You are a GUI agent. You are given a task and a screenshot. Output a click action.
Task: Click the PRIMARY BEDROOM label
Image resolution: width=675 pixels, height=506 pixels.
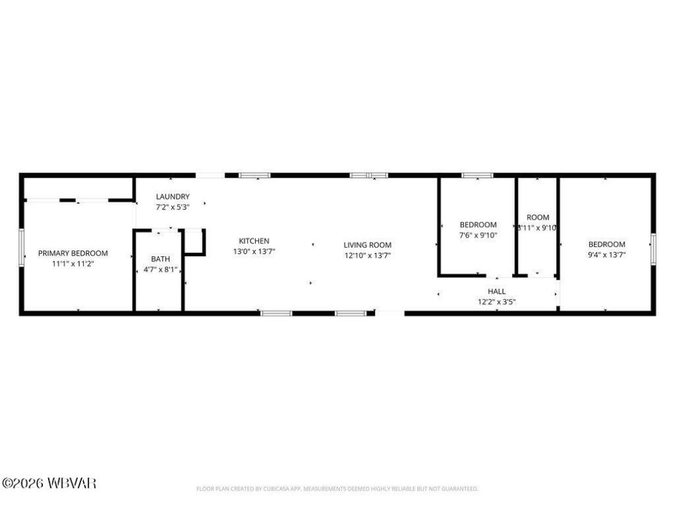[73, 253]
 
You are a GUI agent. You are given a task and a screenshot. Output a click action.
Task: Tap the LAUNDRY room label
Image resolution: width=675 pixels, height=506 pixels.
[173, 197]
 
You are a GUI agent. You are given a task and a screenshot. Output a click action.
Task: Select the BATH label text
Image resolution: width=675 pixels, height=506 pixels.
[160, 258]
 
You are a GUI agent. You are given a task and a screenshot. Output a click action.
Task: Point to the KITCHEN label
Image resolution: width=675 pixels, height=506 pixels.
[254, 241]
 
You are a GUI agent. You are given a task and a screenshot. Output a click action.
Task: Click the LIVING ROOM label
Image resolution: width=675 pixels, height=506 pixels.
[367, 245]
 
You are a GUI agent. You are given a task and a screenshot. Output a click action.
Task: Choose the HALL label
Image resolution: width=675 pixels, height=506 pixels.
[497, 291]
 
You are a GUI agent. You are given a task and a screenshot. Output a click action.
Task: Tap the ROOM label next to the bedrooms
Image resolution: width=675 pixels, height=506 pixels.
[537, 217]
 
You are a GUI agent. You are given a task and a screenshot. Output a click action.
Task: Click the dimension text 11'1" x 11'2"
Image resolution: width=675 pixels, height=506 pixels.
[73, 264]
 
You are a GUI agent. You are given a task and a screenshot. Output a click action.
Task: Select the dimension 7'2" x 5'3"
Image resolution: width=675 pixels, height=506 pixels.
[173, 207]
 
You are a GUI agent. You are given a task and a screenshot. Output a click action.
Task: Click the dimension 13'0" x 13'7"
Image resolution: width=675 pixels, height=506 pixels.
[254, 251]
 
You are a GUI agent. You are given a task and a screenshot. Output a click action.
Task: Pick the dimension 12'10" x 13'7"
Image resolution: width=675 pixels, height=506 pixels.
[367, 255]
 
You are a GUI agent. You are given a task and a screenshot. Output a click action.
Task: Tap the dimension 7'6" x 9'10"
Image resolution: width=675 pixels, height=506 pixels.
[478, 235]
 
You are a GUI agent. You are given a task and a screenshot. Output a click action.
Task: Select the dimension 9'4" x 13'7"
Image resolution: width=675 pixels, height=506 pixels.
[607, 255]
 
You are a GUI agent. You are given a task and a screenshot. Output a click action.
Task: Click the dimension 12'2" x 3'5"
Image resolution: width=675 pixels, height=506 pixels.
[497, 302]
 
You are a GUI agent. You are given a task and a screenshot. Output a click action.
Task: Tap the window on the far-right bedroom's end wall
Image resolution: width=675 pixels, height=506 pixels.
[654, 249]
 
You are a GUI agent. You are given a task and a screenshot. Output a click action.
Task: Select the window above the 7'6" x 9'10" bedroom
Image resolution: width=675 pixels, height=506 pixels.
[477, 175]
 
